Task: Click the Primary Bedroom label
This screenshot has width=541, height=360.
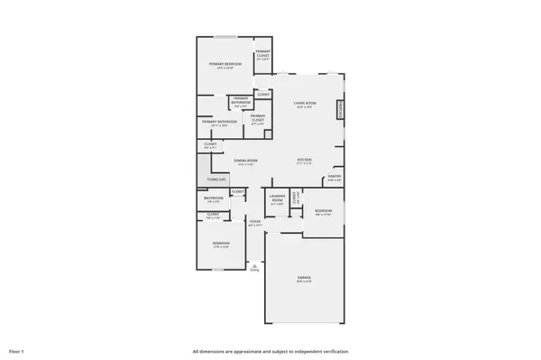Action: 224,64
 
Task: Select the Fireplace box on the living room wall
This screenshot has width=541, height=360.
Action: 341,110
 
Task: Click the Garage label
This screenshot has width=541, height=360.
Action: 303,280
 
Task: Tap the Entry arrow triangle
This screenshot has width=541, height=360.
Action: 254,266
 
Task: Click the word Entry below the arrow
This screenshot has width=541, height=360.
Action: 254,272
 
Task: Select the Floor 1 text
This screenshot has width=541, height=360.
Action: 16,351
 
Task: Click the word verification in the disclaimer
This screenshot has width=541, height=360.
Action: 334,351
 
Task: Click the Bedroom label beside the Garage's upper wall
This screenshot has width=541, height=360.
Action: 323,211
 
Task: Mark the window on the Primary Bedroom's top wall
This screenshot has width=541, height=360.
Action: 225,38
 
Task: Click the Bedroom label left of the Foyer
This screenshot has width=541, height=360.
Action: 221,244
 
